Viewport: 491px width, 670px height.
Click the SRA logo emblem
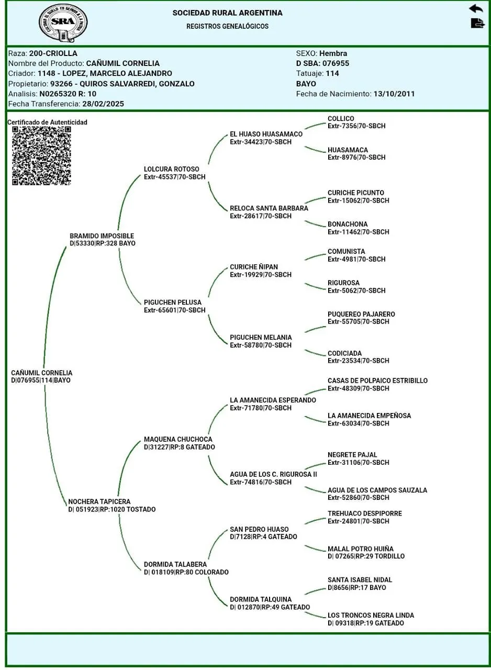point(63,23)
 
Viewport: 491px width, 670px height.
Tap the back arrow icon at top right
point(476,8)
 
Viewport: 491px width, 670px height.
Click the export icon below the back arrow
point(477,24)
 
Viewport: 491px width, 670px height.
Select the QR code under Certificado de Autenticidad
point(41,155)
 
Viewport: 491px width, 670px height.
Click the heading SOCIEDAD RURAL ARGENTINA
point(227,13)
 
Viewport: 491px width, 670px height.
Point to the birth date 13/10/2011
point(394,94)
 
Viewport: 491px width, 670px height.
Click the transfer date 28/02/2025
point(103,104)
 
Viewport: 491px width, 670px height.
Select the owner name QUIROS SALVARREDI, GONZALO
point(122,84)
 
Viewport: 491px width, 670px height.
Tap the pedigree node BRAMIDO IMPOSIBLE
point(102,236)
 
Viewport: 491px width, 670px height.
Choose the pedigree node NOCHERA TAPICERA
point(99,501)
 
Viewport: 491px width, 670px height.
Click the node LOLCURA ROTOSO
point(171,169)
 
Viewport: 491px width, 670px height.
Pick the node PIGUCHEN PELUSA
point(172,302)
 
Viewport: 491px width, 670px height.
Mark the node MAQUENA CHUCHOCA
point(178,439)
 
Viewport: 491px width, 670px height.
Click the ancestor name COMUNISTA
point(346,251)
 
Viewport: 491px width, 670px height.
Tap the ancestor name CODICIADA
point(344,353)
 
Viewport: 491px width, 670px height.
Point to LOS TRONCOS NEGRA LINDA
point(371,615)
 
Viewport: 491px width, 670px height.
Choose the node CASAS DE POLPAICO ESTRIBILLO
point(377,381)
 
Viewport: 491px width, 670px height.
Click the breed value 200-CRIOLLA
point(53,53)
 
